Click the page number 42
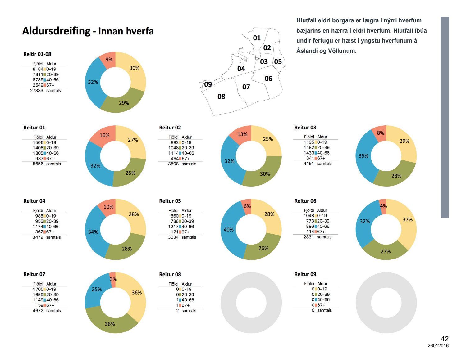tap(444, 339)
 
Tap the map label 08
tap(221, 97)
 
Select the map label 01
tap(257, 38)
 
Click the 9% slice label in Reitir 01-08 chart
tap(109, 60)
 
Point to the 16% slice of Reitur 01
tap(104, 136)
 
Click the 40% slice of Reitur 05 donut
tap(229, 230)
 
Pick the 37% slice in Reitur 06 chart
tap(407, 220)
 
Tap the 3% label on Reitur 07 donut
tap(113, 279)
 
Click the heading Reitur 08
tap(170, 274)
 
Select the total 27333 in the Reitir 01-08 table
tap(37, 91)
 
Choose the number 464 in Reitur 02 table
tap(175, 159)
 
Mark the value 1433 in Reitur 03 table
tap(309, 153)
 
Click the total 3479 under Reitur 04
tap(38, 237)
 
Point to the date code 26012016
tap(438, 346)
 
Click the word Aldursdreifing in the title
tap(56, 31)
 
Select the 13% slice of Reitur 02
tap(242, 134)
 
